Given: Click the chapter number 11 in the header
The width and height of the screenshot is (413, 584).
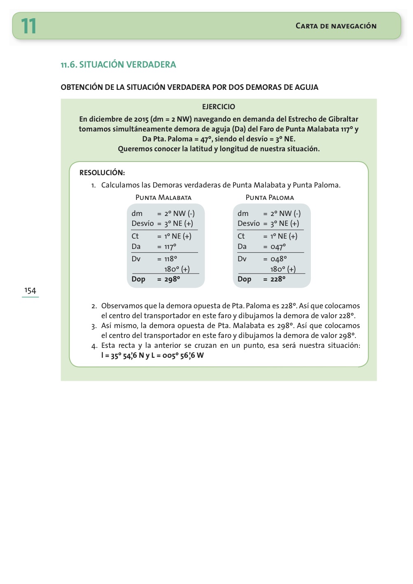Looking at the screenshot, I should coord(29,26).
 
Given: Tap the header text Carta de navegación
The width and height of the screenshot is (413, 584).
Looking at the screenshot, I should coord(336,26).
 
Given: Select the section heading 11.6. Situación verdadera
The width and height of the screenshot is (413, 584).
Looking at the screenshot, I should coord(118,65).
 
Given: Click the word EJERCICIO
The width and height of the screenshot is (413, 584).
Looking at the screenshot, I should coord(219,107).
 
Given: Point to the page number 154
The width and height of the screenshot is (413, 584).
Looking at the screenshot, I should coord(30,291).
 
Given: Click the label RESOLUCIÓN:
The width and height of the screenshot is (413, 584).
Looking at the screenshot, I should coord(102,173).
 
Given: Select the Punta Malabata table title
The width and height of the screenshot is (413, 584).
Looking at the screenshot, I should coord(163,198).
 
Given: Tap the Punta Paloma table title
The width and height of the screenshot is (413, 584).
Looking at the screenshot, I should coord(270,198).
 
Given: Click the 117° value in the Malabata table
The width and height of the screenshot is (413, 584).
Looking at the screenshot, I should coord(170,247).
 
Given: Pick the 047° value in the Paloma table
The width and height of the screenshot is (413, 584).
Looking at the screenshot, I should coord(278,247).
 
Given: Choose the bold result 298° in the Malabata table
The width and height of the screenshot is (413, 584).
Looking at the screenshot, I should coord(172,279).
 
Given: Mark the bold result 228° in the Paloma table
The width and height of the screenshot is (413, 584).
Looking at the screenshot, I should coord(278,279).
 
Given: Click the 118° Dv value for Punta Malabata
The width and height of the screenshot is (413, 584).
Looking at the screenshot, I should coord(170,259).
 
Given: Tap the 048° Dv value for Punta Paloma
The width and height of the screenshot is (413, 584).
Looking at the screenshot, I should coord(278,259).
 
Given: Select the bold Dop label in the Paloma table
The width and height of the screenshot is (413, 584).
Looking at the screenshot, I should coord(244,279).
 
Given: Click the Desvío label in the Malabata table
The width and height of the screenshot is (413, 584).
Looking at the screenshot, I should coord(142,223).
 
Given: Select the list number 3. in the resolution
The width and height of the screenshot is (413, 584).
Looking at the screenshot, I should coord(94,326).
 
